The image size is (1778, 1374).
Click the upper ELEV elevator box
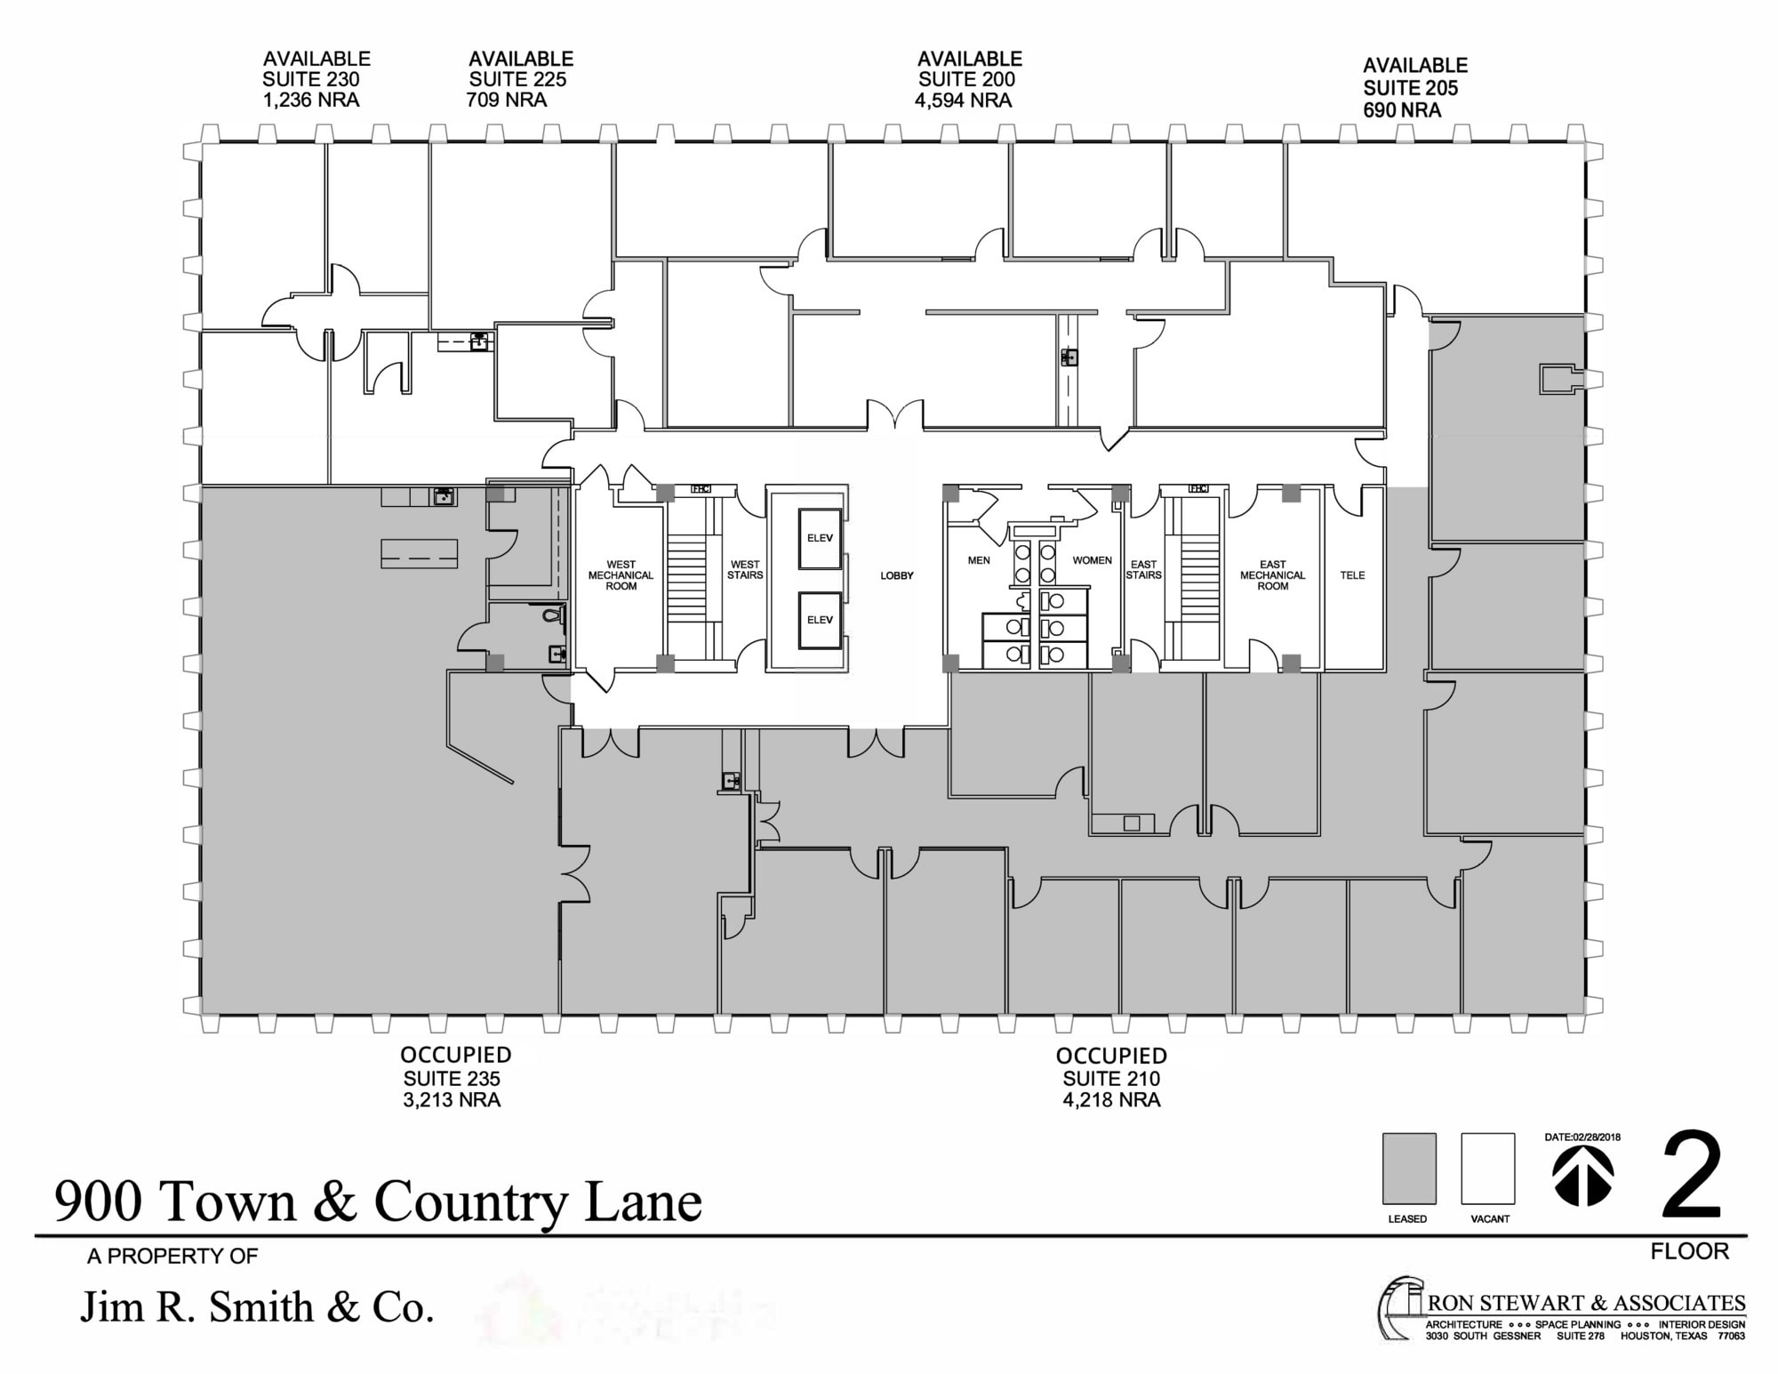tap(820, 538)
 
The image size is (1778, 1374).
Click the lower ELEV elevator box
tap(820, 620)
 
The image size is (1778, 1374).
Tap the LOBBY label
tap(897, 575)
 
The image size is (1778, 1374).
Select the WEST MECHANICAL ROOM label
tap(621, 575)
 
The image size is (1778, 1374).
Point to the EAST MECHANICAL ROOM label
tap(1272, 575)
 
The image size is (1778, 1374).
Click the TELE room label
tap(1352, 575)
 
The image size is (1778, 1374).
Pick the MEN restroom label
tap(979, 560)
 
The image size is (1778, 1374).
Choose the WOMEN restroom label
tap(1092, 560)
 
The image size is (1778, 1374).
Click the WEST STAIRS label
tap(745, 570)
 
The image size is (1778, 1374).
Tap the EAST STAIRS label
tap(1143, 570)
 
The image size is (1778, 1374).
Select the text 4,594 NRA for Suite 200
tap(964, 100)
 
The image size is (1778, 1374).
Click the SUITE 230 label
tap(311, 79)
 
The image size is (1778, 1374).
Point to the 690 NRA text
tap(1402, 110)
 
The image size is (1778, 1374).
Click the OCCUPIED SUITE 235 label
tap(453, 1077)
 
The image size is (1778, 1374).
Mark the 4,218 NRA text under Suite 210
tap(1111, 1101)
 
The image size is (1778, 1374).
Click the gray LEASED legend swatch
tap(1408, 1169)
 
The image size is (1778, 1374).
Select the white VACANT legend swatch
tap(1487, 1169)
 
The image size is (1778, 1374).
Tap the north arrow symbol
tap(1582, 1175)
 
